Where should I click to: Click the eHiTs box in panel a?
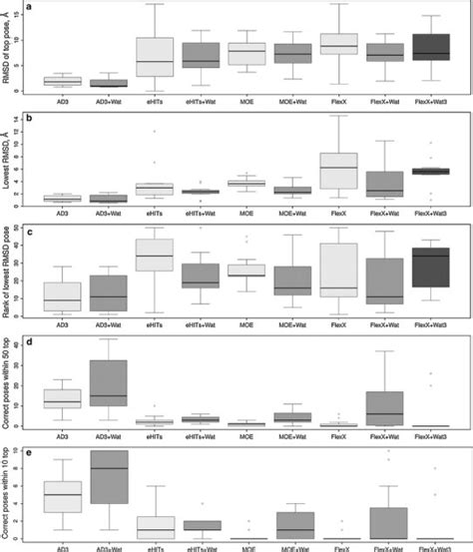click(155, 57)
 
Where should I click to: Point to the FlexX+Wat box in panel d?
click(385, 408)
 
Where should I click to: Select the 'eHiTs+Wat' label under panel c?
click(201, 324)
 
